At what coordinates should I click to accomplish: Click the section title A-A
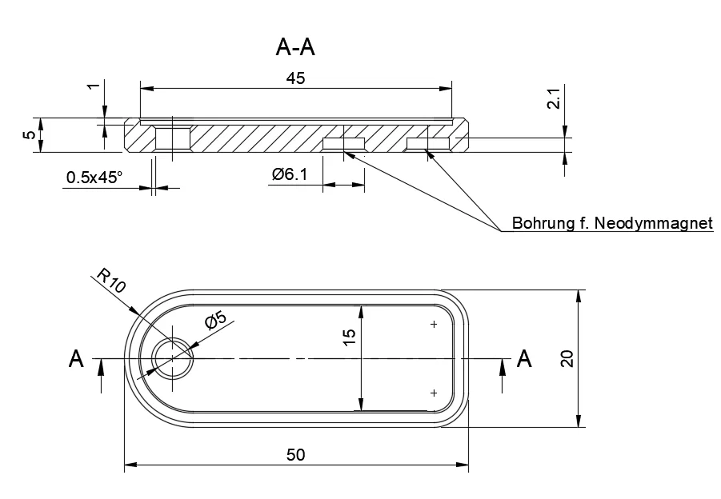[x=295, y=48]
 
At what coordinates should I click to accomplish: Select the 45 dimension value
[x=295, y=78]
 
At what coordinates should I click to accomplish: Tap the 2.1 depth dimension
[x=553, y=100]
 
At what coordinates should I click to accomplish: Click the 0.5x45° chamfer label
[x=94, y=178]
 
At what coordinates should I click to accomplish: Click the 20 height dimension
[x=567, y=357]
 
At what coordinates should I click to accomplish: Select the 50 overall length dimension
[x=295, y=454]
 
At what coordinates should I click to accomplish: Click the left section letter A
[x=76, y=359]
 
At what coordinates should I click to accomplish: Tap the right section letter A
[x=524, y=358]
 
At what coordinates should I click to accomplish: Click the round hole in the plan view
[x=173, y=358]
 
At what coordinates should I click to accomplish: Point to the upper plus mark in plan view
[x=434, y=324]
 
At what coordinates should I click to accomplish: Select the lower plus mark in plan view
[x=434, y=393]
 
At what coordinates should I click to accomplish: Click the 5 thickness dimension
[x=29, y=135]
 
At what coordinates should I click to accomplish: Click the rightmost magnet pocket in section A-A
[x=429, y=143]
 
